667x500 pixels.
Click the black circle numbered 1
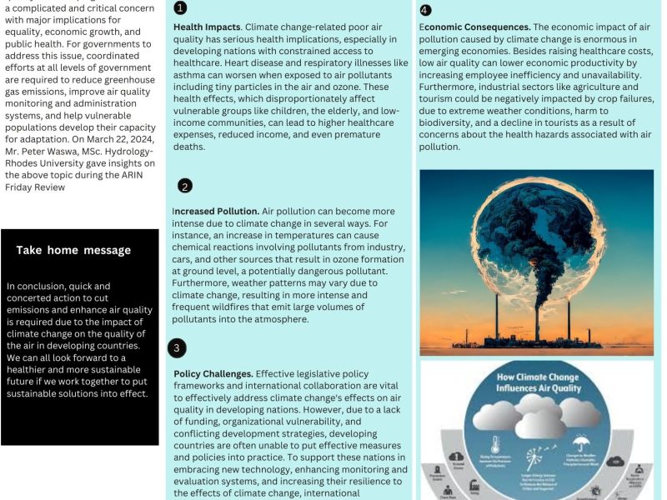coord(181,8)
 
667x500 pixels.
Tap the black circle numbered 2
coord(185,186)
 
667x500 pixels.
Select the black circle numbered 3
coord(177,347)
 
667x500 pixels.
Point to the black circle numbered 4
coord(426,10)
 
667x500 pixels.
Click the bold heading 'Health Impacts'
coord(206,27)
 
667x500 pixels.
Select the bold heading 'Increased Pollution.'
coord(216,212)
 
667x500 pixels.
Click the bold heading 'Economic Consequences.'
coord(474,27)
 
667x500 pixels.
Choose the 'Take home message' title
coord(73,250)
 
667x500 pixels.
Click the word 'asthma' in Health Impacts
coord(191,75)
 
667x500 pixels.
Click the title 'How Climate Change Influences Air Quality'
coord(537,381)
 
